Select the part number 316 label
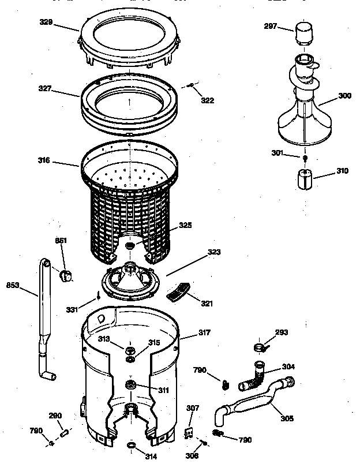60,160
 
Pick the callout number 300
344,96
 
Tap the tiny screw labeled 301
304,158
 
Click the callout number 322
207,100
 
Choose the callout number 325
185,225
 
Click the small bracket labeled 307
188,432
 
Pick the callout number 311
163,390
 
